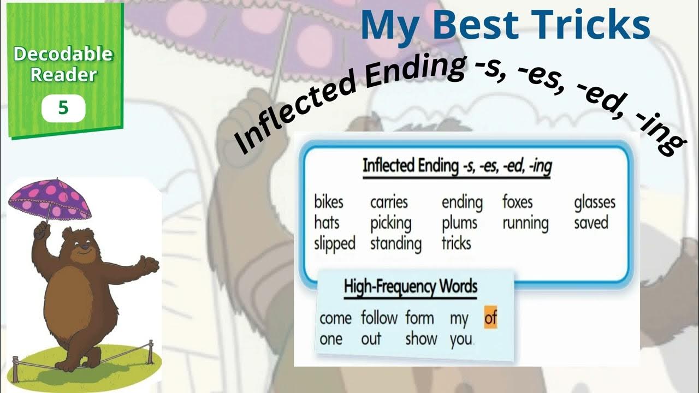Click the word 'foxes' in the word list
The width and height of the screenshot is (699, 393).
pyautogui.click(x=517, y=203)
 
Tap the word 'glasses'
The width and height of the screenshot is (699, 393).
pyautogui.click(x=594, y=203)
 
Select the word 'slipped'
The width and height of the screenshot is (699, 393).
pyautogui.click(x=334, y=243)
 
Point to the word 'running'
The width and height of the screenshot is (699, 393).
pyautogui.click(x=525, y=224)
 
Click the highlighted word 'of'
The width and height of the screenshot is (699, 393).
pyautogui.click(x=490, y=318)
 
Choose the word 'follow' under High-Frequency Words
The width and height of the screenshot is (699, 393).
pyautogui.click(x=379, y=318)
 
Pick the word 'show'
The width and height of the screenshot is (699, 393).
pyautogui.click(x=421, y=338)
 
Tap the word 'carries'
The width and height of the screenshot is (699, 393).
pyautogui.click(x=389, y=203)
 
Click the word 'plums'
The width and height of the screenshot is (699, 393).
pyautogui.click(x=459, y=223)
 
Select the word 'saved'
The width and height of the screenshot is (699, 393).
pyautogui.click(x=591, y=223)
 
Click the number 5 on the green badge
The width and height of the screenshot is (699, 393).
pyautogui.click(x=63, y=108)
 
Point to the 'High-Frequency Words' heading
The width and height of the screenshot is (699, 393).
pyautogui.click(x=410, y=287)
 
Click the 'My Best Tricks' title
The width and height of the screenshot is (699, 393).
pyautogui.click(x=505, y=25)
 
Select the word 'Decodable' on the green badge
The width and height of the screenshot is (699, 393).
pyautogui.click(x=63, y=55)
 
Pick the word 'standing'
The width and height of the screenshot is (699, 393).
pyautogui.click(x=395, y=243)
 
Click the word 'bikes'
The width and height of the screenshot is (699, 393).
pyautogui.click(x=329, y=203)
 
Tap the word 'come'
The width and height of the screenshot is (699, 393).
pyautogui.click(x=335, y=318)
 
